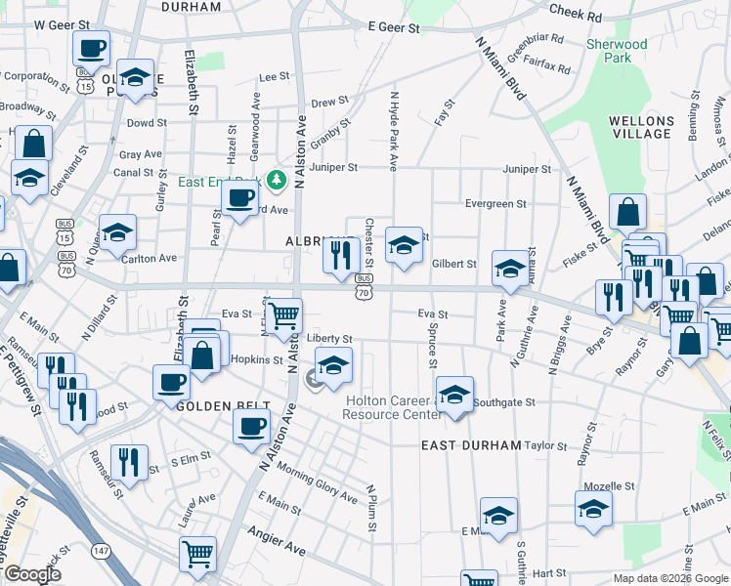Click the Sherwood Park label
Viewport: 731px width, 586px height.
pyautogui.click(x=616, y=51)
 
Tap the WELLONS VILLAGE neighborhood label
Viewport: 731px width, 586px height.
pyautogui.click(x=641, y=127)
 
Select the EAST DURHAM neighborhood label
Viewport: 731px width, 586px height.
pyautogui.click(x=471, y=445)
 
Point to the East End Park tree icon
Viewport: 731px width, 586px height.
pyautogui.click(x=278, y=180)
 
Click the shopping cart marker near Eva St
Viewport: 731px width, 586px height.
pyautogui.click(x=283, y=315)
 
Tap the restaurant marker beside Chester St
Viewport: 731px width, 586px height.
pyautogui.click(x=338, y=256)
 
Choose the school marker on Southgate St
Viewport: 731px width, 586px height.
pyautogui.click(x=454, y=395)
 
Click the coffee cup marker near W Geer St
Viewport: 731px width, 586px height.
pyautogui.click(x=92, y=48)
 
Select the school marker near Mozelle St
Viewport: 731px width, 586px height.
pyautogui.click(x=593, y=508)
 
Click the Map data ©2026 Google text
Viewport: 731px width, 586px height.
pyautogui.click(x=669, y=578)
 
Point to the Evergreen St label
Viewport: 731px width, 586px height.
pyautogui.click(x=495, y=204)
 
